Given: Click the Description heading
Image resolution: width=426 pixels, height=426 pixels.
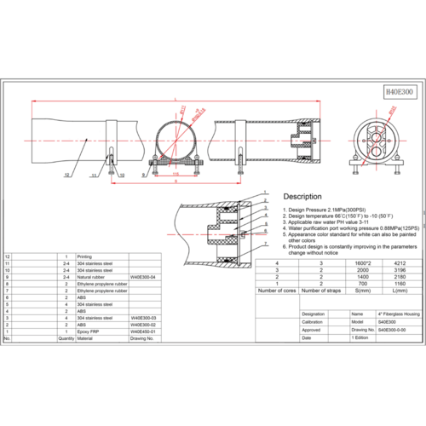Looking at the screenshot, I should tap(308, 196).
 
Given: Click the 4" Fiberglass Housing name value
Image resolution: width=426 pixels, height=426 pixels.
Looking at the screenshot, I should tap(375, 314).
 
